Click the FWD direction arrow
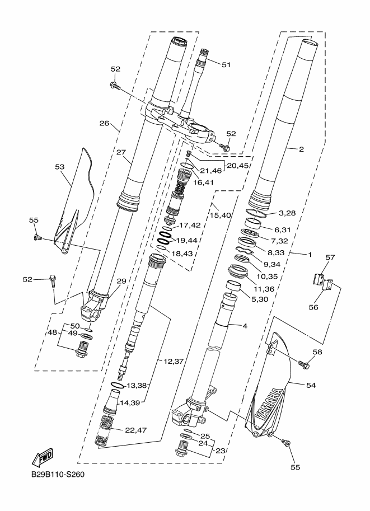42,458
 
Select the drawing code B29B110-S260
58,475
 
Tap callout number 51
226,65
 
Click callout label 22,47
135,430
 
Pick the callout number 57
330,257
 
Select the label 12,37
174,362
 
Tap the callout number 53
60,167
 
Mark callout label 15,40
221,215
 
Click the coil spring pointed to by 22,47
103,431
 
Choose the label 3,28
287,213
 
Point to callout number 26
104,123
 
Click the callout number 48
53,332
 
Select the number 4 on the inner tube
245,326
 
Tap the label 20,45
237,166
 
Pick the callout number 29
121,281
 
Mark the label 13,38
137,386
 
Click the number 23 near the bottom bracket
221,451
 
